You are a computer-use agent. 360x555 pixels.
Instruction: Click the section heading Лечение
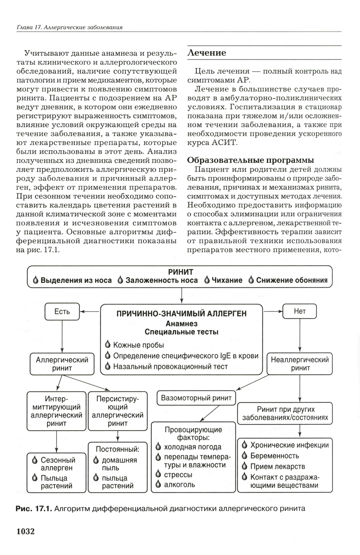click(x=207, y=53)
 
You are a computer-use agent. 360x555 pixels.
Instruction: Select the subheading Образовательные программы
click(x=251, y=160)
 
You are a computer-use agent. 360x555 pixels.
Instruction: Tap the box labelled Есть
click(x=62, y=311)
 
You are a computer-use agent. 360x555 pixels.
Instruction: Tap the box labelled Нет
click(x=300, y=311)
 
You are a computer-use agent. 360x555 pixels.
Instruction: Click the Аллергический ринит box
click(x=62, y=364)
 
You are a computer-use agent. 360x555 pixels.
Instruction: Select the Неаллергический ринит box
click(x=300, y=364)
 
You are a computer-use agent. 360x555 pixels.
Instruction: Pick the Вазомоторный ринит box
click(x=196, y=398)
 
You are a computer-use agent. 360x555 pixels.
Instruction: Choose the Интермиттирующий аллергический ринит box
click(x=57, y=411)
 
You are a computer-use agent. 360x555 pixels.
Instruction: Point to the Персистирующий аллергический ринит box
click(x=117, y=411)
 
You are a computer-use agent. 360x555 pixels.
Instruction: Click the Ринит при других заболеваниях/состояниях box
click(x=285, y=413)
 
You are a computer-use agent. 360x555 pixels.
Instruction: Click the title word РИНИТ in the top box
click(x=181, y=272)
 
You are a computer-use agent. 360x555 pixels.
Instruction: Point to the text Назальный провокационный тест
click(x=170, y=367)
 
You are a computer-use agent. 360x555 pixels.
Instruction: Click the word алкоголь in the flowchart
click(x=179, y=484)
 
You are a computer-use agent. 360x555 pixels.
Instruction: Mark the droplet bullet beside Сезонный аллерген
click(x=35, y=460)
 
